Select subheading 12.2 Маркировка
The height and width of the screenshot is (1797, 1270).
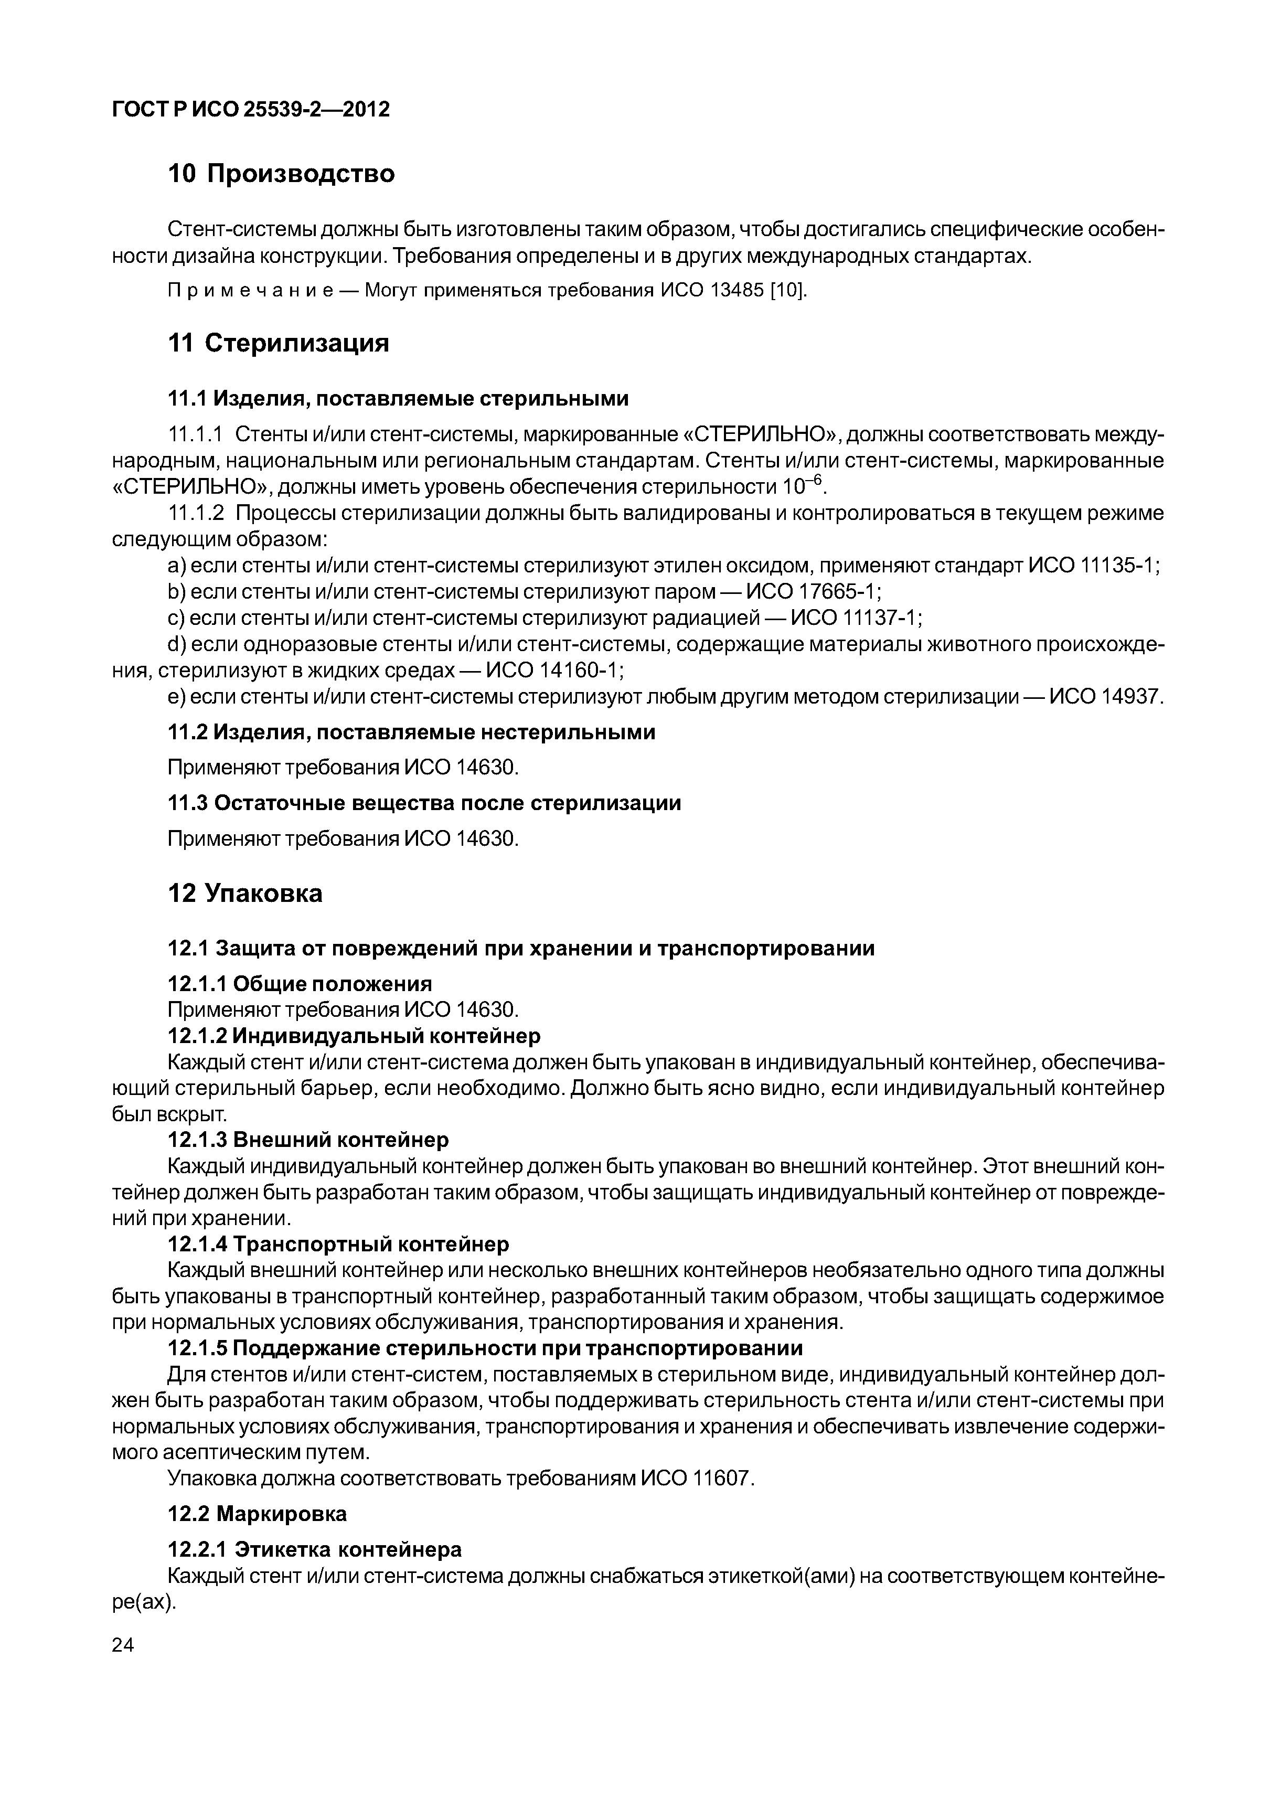coord(258,1514)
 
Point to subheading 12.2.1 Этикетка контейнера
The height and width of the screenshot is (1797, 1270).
coord(315,1550)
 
